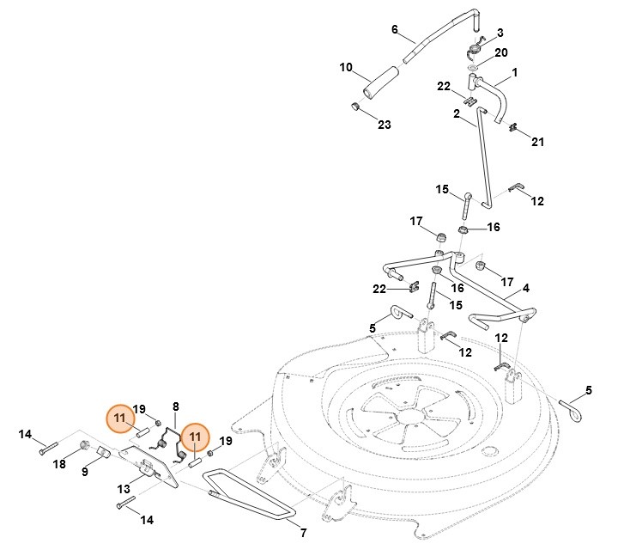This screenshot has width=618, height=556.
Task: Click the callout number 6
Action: [395, 29]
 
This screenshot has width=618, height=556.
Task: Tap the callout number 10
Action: [346, 67]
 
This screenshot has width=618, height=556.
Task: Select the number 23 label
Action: [384, 125]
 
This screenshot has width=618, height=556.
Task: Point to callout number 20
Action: [501, 52]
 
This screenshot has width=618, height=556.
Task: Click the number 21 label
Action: [538, 141]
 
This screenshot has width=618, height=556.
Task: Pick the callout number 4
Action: [525, 288]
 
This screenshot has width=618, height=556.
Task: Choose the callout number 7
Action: [302, 533]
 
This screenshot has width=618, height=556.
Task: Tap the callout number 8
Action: [175, 406]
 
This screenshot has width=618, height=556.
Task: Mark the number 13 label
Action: [123, 488]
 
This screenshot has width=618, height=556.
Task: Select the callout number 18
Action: [59, 464]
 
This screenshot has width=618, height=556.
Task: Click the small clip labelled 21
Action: [512, 129]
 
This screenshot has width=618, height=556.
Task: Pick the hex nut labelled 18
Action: [85, 444]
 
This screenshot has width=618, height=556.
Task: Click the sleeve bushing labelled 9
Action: [101, 452]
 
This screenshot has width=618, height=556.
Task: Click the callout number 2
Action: [457, 113]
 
